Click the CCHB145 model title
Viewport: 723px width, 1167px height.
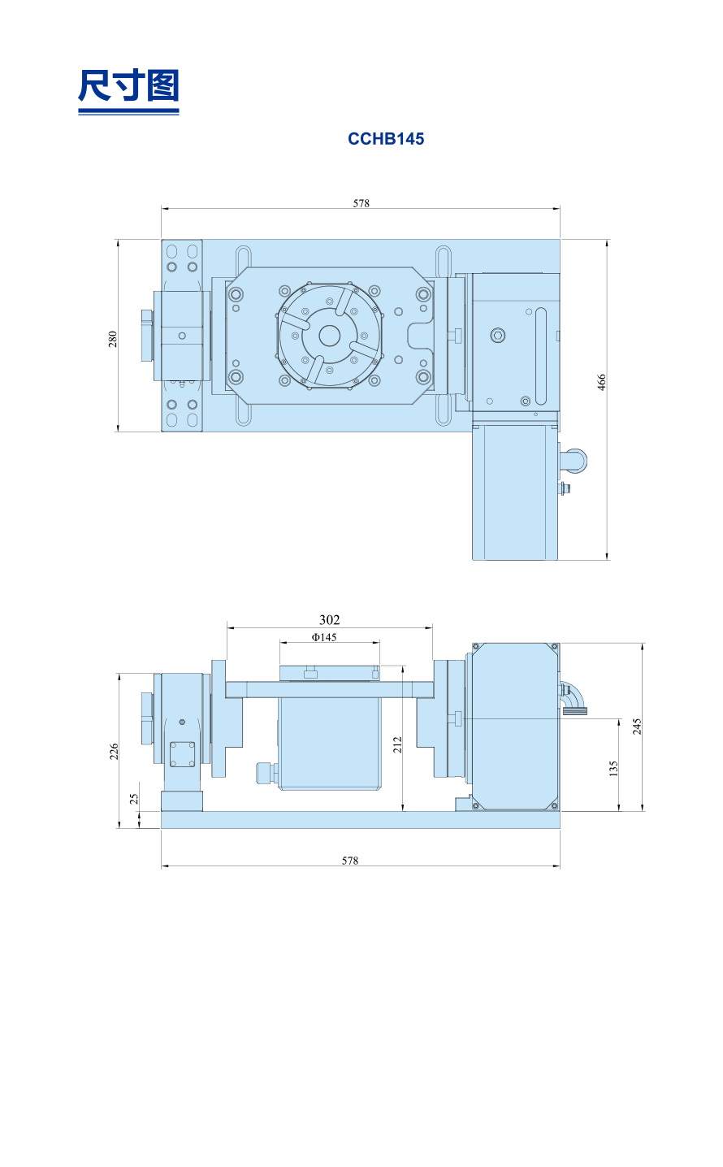(x=385, y=139)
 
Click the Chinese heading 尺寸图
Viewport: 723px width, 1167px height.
(x=128, y=85)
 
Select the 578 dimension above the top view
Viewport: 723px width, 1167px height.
(x=361, y=202)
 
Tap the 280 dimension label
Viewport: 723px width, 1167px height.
(x=113, y=339)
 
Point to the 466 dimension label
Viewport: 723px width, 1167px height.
(x=601, y=382)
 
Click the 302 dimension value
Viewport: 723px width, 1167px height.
(x=329, y=619)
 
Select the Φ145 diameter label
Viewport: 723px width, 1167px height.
(x=324, y=637)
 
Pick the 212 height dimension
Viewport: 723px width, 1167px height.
(x=397, y=744)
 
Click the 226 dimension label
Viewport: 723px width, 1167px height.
(x=114, y=751)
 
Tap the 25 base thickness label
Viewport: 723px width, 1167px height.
(x=134, y=799)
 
